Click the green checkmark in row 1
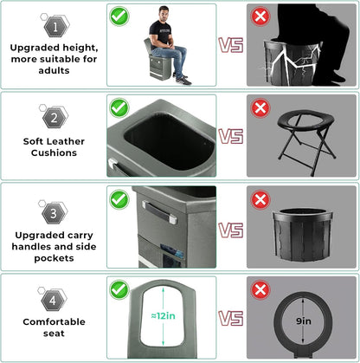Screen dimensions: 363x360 click(120, 16)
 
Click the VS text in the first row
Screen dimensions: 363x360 click(229, 46)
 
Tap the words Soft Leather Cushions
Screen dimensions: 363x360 click(53, 152)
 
